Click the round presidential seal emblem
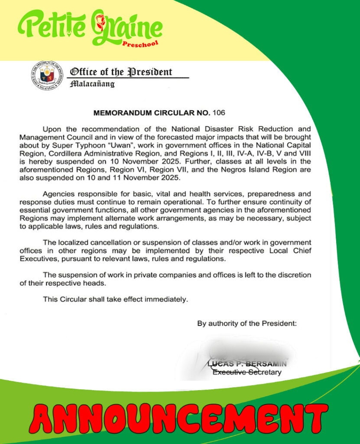tap(47, 75)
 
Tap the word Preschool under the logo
tap(140, 44)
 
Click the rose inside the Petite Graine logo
tap(100, 20)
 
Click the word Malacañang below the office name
tap(92, 84)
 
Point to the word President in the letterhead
tap(149, 72)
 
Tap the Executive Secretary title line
tap(246, 372)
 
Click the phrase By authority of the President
tap(247, 323)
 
